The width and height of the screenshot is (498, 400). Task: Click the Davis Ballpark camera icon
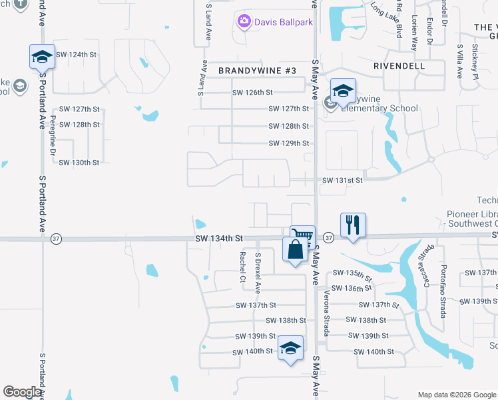pyautogui.click(x=244, y=22)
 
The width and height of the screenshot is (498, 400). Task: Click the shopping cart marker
pyautogui.click(x=302, y=235)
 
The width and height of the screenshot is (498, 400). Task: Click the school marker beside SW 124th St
pyautogui.click(x=42, y=56)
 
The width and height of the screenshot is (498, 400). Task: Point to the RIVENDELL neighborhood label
pyautogui.click(x=399, y=67)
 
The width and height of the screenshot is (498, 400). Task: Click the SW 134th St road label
pyautogui.click(x=219, y=238)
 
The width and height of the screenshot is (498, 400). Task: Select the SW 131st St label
pyautogui.click(x=342, y=180)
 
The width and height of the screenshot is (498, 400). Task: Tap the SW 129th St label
pyautogui.click(x=289, y=143)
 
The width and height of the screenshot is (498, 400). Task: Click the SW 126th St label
pyautogui.click(x=252, y=93)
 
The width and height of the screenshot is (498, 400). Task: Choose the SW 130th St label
pyautogui.click(x=79, y=162)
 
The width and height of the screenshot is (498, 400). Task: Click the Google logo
pyautogui.click(x=22, y=392)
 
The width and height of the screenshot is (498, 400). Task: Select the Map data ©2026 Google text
pyautogui.click(x=456, y=395)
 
